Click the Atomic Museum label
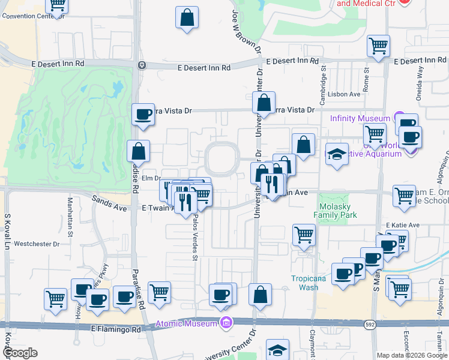point(188,324)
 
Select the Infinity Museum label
point(360,118)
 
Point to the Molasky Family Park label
point(336,210)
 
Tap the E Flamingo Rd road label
point(116,329)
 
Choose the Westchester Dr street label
point(37,244)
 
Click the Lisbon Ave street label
point(345,94)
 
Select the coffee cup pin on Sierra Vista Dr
point(143,114)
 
